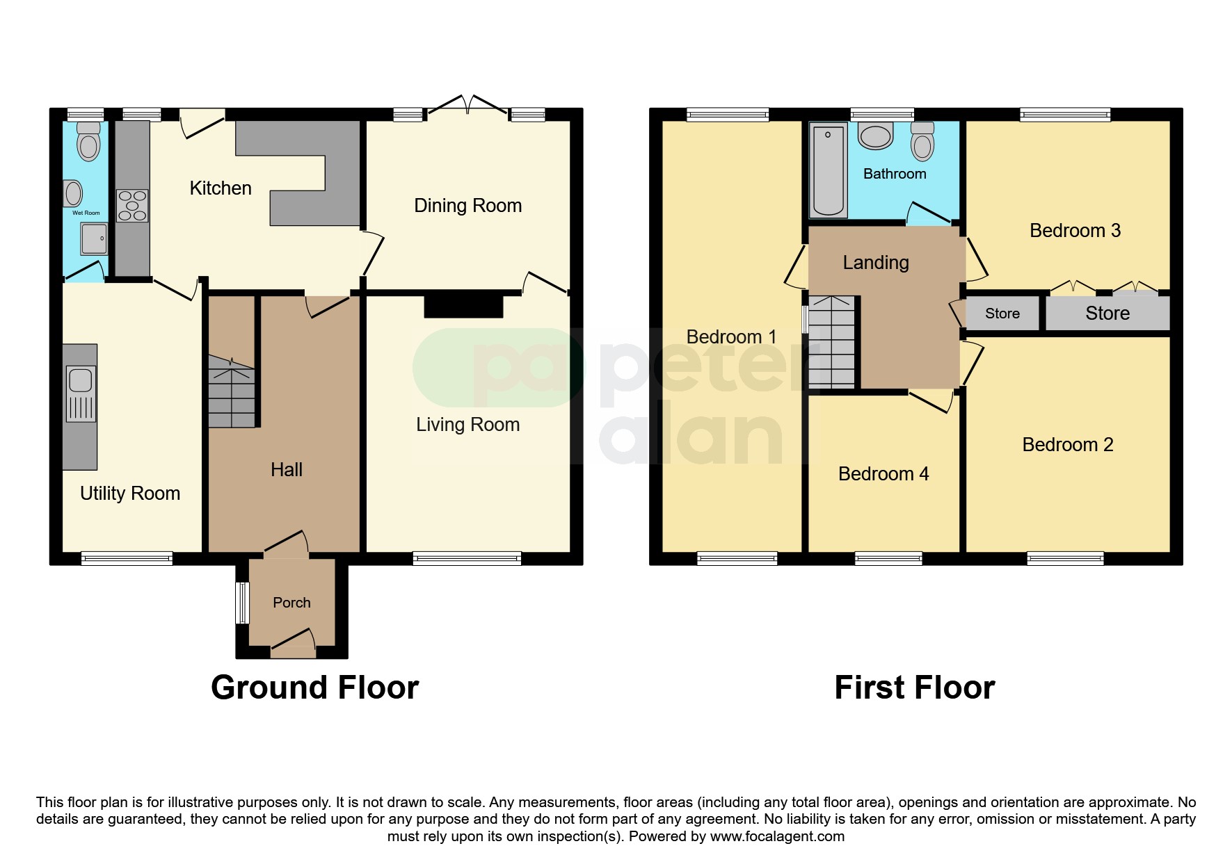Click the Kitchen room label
pyautogui.click(x=220, y=188)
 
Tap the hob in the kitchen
pyautogui.click(x=132, y=206)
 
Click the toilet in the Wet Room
pyautogui.click(x=88, y=142)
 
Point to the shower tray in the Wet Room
pyautogui.click(x=94, y=238)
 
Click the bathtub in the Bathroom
pyautogui.click(x=828, y=169)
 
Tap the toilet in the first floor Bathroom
pyautogui.click(x=922, y=143)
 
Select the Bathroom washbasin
pyautogui.click(x=875, y=136)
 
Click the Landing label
pyautogui.click(x=875, y=263)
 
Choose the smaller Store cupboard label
pyautogui.click(x=1002, y=314)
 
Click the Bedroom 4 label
pyautogui.click(x=883, y=474)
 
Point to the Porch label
pyautogui.click(x=291, y=603)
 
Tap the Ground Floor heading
pyautogui.click(x=314, y=688)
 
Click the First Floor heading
pyautogui.click(x=914, y=688)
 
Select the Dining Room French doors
pyautogui.click(x=467, y=106)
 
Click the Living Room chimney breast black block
pyautogui.click(x=463, y=306)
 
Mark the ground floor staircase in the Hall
pyautogui.click(x=232, y=393)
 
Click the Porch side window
pyautogui.click(x=242, y=603)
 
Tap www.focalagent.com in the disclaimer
pyautogui.click(x=777, y=836)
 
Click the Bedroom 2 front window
pyautogui.click(x=1064, y=558)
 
